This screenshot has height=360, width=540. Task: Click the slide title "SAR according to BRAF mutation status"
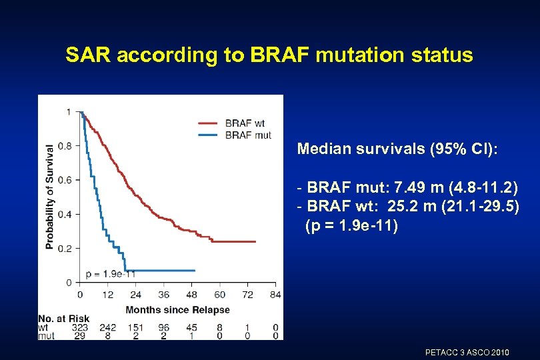(269, 55)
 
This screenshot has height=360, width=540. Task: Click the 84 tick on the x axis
(275, 294)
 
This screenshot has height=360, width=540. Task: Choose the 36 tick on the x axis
(163, 294)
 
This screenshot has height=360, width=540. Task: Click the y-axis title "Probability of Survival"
(50, 197)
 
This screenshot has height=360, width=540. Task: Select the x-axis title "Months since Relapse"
(177, 309)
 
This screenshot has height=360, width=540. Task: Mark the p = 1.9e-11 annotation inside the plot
(111, 273)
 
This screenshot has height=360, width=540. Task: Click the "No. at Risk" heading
(64, 319)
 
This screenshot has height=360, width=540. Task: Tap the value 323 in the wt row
(80, 327)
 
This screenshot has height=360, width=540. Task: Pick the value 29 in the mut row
(80, 336)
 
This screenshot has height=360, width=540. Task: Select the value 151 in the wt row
(135, 327)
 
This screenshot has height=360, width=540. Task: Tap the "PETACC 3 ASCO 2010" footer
(467, 351)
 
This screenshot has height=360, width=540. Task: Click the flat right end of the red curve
(247, 241)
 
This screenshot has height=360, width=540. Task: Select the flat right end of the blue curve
(187, 271)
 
